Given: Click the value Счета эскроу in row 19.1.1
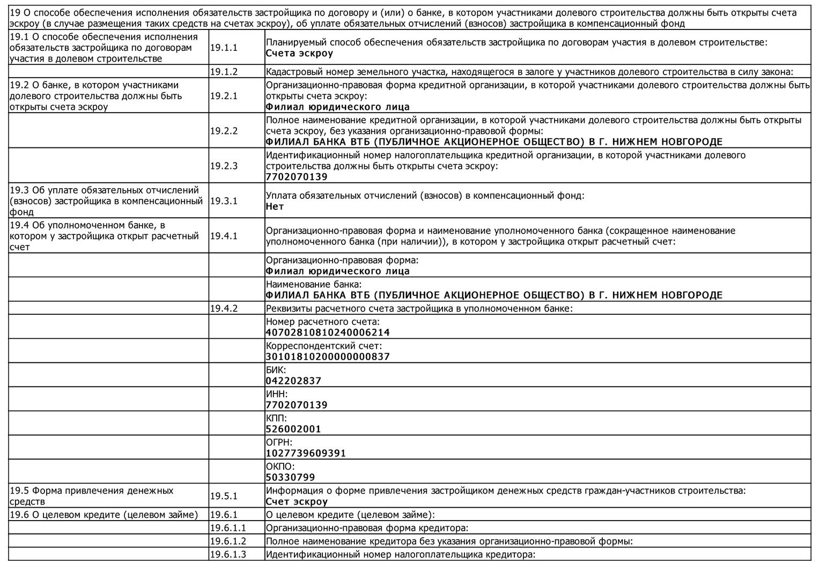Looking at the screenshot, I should (299, 54).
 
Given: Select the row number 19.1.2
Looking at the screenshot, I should (224, 72).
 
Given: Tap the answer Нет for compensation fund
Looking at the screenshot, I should (275, 206).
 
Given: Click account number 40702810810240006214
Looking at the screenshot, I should (328, 332).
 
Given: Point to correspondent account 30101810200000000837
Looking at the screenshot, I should (328, 357).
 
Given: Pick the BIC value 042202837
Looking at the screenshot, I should (293, 381).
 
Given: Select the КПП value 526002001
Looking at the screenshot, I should (293, 429).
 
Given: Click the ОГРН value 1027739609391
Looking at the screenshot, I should (306, 453).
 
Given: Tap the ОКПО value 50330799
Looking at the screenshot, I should (290, 477).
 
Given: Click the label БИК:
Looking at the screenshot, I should (276, 370).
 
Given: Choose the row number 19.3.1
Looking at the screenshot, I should (224, 201).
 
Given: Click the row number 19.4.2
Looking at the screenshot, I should (224, 308).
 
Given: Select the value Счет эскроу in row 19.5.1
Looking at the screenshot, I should (297, 502).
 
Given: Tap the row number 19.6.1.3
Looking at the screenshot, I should (228, 554).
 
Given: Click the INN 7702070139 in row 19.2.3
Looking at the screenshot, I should (297, 177).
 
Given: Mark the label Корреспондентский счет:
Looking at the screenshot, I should (324, 346).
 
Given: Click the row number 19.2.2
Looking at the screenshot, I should (224, 131).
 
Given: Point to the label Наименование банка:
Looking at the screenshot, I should (314, 284).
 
